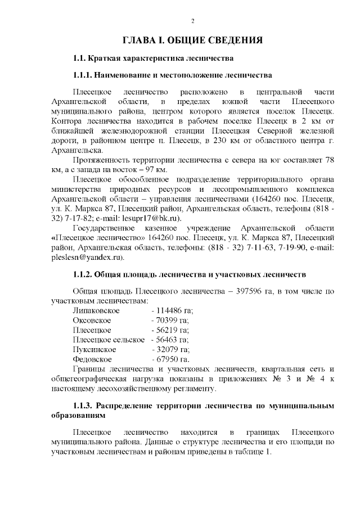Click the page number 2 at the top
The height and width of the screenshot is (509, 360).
point(193,21)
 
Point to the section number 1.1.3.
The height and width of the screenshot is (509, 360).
point(84,406)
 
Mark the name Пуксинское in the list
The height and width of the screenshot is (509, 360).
point(94,349)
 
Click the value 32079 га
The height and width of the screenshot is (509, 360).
point(172,349)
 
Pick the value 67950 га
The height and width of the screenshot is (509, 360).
point(172,359)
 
